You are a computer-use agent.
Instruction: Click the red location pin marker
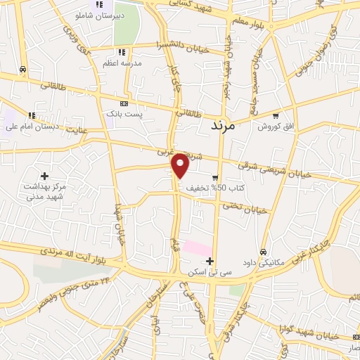click(x=181, y=165)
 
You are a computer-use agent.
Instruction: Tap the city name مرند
click(x=231, y=127)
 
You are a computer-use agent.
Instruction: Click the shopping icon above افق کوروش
click(x=276, y=116)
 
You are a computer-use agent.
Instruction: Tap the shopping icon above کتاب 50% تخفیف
click(x=215, y=178)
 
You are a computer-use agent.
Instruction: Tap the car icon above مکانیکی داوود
click(x=263, y=252)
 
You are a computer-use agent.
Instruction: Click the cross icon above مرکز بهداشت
click(x=44, y=176)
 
